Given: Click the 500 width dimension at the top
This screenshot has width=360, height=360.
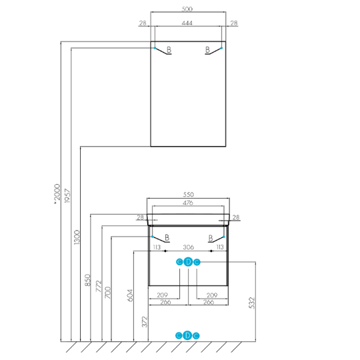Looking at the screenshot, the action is tap(187, 9).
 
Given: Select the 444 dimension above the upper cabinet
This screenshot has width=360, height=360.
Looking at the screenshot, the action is tap(187, 23).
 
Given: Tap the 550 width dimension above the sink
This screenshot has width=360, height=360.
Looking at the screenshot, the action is tap(188, 195).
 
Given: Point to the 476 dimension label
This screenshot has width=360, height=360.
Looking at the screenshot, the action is tap(188, 203).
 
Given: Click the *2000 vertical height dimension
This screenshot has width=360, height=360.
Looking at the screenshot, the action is tap(57, 193).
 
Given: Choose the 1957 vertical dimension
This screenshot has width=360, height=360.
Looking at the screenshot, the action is tap(67, 195).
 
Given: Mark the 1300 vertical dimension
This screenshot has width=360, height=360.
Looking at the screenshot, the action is tap(77, 237).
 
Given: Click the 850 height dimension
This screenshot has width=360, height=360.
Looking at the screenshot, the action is tap(88, 280).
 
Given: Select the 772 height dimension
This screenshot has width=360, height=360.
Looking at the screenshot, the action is tap(99, 286).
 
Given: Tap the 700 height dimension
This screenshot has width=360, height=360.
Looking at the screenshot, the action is tap(108, 293).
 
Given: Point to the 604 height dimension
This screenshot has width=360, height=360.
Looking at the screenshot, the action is tap(130, 295).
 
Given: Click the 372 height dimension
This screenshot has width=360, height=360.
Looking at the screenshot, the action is tap(145, 322).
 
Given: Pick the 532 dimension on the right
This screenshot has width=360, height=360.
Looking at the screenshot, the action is tap(252, 303).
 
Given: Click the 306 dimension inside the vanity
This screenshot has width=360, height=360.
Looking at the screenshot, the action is tap(188, 247).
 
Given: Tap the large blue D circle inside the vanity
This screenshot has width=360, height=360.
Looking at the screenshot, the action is tap(188, 262).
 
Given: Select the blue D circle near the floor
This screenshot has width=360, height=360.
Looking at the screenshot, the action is tap(187, 335).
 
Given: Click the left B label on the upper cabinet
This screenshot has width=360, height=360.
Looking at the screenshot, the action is tap(169, 49).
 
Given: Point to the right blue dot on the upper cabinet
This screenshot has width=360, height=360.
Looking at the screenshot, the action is tap(221, 48).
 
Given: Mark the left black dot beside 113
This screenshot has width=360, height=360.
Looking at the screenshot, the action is tap(165, 251).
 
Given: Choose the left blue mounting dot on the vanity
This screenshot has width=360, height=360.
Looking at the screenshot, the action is tap(152, 237).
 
